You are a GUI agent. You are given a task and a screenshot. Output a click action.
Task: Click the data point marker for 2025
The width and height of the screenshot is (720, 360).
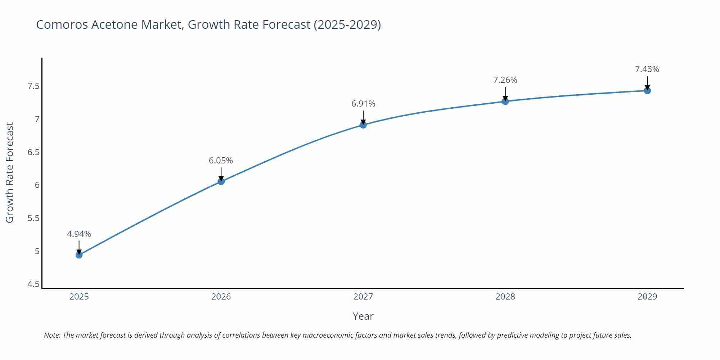pyautogui.click(x=79, y=255)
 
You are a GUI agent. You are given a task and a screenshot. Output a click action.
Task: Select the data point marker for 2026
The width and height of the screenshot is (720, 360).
pyautogui.click(x=221, y=181)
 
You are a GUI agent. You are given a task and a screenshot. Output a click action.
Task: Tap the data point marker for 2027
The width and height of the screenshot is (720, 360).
pyautogui.click(x=363, y=125)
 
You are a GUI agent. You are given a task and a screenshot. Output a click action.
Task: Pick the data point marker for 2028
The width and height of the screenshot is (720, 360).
pyautogui.click(x=505, y=102)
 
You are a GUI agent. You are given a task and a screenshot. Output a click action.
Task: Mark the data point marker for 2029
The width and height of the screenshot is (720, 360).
pyautogui.click(x=647, y=91)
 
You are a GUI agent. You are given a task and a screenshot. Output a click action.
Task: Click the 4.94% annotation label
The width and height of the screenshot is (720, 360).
pyautogui.click(x=79, y=234)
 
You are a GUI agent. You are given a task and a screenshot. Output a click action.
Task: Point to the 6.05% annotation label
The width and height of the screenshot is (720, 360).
pyautogui.click(x=221, y=161)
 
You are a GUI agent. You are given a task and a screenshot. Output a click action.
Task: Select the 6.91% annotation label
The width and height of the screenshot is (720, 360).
pyautogui.click(x=363, y=104)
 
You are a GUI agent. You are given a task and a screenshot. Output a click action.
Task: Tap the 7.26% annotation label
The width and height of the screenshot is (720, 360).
pyautogui.click(x=505, y=80)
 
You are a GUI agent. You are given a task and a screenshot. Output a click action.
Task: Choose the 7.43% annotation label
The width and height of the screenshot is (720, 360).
pyautogui.click(x=647, y=69)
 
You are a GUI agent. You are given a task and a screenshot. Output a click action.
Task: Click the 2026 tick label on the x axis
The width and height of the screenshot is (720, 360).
pyautogui.click(x=221, y=297)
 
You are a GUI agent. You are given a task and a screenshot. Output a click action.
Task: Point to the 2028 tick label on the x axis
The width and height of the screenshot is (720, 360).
pyautogui.click(x=505, y=297)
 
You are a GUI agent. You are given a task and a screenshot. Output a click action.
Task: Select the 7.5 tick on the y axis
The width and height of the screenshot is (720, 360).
pyautogui.click(x=33, y=86)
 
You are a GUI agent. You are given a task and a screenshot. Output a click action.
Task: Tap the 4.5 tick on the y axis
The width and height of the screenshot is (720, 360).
pyautogui.click(x=33, y=284)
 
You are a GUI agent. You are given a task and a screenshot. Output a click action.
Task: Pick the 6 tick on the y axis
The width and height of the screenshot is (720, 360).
pyautogui.click(x=37, y=185)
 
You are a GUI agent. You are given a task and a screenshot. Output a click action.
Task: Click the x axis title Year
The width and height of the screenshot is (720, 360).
pyautogui.click(x=363, y=316)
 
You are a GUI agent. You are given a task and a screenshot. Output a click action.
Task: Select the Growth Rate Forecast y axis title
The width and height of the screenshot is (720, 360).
pyautogui.click(x=10, y=172)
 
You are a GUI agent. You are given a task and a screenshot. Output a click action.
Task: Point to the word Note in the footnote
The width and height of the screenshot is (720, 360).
pyautogui.click(x=52, y=335)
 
